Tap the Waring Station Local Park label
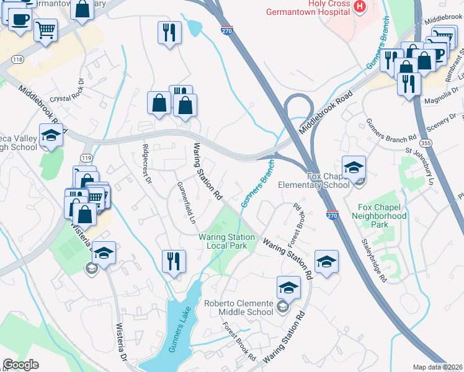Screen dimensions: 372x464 point(226,241)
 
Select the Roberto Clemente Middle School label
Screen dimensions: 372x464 point(239,307)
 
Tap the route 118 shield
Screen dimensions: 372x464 point(17,60)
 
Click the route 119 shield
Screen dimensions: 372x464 point(86,159)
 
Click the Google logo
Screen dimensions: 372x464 point(20,365)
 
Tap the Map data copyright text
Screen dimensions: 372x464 point(437,367)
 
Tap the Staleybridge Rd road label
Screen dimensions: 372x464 point(374,261)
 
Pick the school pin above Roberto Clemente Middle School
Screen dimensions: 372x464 point(288,288)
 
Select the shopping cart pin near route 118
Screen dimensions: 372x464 point(45,30)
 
